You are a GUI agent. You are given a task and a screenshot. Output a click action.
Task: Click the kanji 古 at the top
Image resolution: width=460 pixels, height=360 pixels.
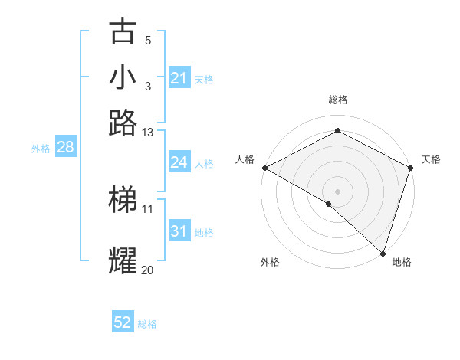pos(123,31)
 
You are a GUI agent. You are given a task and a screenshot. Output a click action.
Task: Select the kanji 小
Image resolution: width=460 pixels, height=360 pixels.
pos(123,78)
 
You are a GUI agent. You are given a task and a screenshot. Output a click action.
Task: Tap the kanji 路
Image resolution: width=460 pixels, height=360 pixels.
pos(123,123)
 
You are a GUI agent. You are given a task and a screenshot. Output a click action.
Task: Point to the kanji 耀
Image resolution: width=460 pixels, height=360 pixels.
pos(123,260)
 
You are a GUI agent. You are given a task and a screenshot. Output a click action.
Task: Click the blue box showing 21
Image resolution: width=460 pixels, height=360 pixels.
pos(179,78)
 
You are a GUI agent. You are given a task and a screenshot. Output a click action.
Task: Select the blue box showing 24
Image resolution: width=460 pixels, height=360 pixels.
pos(179,162)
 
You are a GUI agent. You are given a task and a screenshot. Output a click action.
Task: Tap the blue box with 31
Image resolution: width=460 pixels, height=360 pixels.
pos(179,231)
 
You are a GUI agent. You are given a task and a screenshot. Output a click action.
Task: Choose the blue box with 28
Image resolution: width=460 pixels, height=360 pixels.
pos(65,148)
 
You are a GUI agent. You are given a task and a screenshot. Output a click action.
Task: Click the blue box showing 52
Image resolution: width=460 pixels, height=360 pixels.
pos(123,322)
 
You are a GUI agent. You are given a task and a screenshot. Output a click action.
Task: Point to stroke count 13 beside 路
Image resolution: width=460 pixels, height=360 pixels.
pos(148,133)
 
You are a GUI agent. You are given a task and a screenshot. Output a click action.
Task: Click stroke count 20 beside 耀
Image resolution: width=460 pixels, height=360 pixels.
pos(148,270)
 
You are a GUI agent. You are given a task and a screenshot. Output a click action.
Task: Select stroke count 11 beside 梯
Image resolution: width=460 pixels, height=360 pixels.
pos(148,208)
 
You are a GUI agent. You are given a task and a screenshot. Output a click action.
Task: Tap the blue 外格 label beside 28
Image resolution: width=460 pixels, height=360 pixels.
pos(41,149)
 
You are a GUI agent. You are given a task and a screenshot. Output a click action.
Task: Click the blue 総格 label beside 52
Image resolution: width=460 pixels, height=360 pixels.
pos(147,323)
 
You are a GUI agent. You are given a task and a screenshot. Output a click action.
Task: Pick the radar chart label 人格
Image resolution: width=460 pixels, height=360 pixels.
pos(245,159)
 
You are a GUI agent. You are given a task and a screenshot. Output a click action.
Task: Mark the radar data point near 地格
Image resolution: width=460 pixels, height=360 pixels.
pos(383,253)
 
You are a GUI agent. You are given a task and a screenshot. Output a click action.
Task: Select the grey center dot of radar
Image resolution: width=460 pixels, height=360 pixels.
pos(337,191)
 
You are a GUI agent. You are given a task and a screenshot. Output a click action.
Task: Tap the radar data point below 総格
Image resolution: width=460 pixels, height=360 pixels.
pos(337,131)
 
